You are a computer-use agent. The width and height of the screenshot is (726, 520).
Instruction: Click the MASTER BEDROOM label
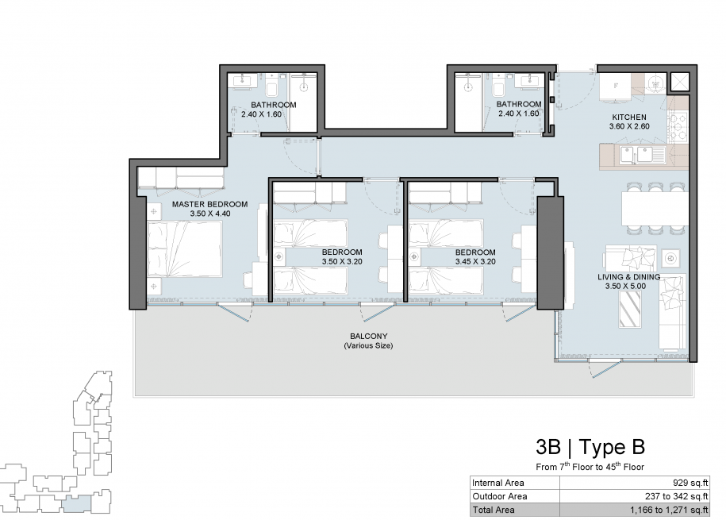pyautogui.click(x=209, y=204)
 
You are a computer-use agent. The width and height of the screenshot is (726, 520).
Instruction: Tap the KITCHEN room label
pyautogui.click(x=629, y=117)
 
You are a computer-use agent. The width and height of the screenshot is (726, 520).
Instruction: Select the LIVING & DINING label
pyautogui.click(x=628, y=277)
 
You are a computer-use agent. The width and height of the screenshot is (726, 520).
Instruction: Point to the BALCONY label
pyautogui.click(x=369, y=337)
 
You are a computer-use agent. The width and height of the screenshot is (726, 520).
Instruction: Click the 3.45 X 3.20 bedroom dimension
pyautogui.click(x=475, y=262)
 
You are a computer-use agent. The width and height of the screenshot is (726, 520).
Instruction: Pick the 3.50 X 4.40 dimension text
pyautogui.click(x=209, y=214)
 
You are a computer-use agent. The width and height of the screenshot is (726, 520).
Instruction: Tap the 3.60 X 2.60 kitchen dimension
pyautogui.click(x=629, y=126)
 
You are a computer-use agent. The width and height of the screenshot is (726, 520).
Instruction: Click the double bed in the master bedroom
pyautogui.click(x=185, y=248)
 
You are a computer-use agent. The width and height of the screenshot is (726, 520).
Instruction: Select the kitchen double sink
pyautogui.click(x=643, y=155)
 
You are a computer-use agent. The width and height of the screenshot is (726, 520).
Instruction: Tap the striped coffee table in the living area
pyautogui.click(x=630, y=310)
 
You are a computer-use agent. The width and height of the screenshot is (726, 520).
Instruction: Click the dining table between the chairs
pyautogui.click(x=655, y=209)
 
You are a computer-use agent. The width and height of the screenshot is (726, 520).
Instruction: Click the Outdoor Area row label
pyautogui.click(x=500, y=496)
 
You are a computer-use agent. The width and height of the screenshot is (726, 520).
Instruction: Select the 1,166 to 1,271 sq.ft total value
pyautogui.click(x=669, y=510)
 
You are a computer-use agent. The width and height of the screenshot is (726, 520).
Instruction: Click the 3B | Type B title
pyautogui.click(x=590, y=447)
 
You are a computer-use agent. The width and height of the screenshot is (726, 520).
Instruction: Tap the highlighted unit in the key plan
pyautogui.click(x=77, y=503)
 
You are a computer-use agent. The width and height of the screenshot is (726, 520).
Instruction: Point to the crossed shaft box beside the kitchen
pyautogui.click(x=680, y=82)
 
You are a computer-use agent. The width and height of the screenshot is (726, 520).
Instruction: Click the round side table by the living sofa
pyautogui.click(x=670, y=258)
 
